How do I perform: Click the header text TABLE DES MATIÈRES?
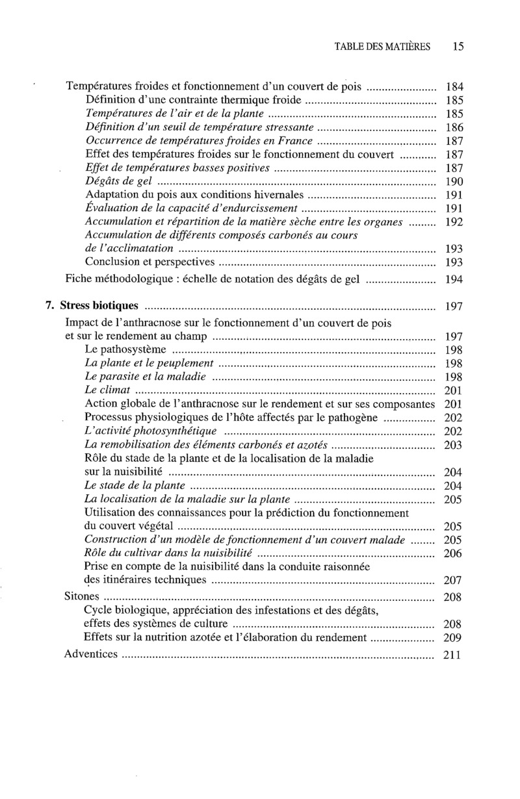click(382, 47)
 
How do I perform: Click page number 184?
click(453, 86)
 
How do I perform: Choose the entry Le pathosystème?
click(125, 349)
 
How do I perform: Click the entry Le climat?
click(108, 390)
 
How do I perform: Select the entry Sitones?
click(82, 596)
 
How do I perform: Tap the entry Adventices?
click(91, 654)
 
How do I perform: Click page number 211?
click(452, 655)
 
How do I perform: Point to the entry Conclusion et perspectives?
click(149, 262)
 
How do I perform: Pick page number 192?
click(453, 222)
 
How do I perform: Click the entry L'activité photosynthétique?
click(151, 431)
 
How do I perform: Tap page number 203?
click(452, 445)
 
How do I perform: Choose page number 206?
click(452, 553)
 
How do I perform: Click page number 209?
click(452, 638)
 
